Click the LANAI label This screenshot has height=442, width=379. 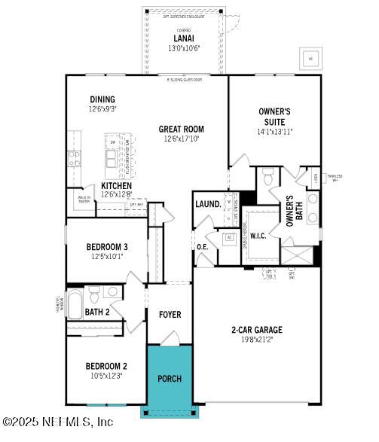183,38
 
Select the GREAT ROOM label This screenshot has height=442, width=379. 181,129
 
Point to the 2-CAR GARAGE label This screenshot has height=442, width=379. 256,329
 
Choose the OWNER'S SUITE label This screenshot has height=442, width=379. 275,117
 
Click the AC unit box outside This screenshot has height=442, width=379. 310,59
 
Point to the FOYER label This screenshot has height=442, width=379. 170,314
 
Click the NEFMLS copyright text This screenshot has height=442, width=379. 57,422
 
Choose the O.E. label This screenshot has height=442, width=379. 203,246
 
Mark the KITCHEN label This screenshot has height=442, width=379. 117,186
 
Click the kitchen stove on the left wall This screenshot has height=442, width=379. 75,158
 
